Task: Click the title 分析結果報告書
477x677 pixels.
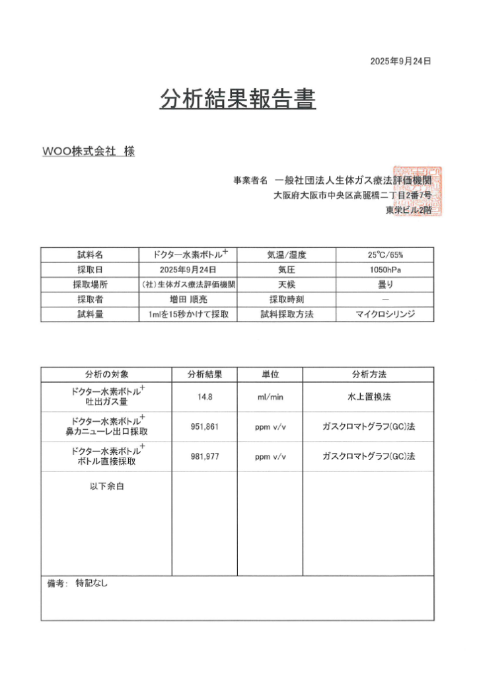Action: tap(238, 99)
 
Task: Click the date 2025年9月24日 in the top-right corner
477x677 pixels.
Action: tap(400, 61)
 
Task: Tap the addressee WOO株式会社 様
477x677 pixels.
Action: tap(89, 151)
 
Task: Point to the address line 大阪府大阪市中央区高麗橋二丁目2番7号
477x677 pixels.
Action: tap(353, 196)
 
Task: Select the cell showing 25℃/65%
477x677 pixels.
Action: tap(385, 255)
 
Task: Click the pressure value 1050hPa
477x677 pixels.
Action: tap(385, 270)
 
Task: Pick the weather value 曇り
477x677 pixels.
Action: tap(385, 285)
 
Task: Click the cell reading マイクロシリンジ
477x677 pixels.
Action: tap(385, 315)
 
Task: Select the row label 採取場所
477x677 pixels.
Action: tap(90, 285)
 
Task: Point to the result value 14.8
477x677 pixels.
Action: tap(204, 397)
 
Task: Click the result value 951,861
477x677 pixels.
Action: tap(204, 426)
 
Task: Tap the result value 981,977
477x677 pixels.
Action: tap(204, 456)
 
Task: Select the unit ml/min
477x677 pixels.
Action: tap(270, 397)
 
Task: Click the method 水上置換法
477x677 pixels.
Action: tap(368, 397)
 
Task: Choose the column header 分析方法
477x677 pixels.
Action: tap(368, 374)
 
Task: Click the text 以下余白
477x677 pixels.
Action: tap(107, 487)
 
